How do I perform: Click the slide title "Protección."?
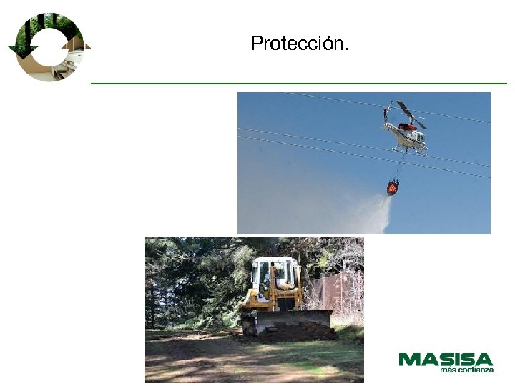click(x=300, y=44)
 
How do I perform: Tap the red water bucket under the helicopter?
click(x=393, y=188)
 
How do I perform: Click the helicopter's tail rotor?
click(x=387, y=113)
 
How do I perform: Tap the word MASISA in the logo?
click(x=446, y=360)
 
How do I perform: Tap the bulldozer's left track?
click(x=250, y=323)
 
